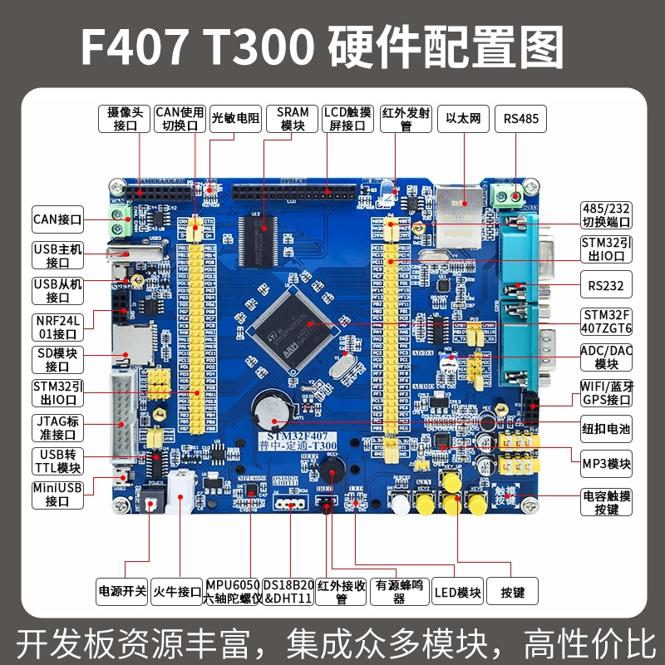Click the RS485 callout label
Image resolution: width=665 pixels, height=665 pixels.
coord(521,119)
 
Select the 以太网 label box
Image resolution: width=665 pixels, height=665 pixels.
coord(463,119)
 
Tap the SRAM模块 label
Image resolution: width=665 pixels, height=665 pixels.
coord(293,118)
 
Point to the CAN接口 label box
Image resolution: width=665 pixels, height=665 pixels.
coord(58,220)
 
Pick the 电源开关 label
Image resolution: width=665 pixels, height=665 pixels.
coord(122,592)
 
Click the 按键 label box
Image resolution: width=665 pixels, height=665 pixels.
coord(512,593)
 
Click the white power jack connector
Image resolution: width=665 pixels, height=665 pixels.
coord(180,492)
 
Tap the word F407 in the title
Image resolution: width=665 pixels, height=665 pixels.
coord(133,46)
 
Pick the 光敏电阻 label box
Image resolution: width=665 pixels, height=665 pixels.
coord(235,119)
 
